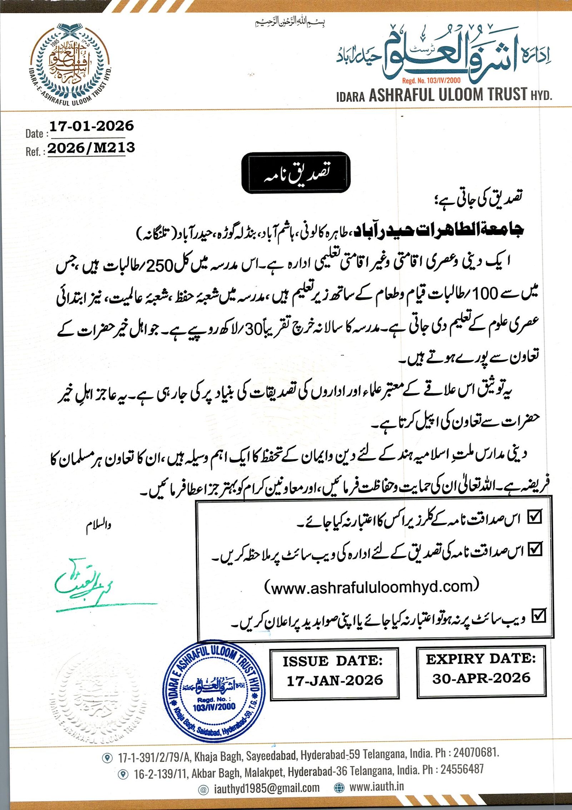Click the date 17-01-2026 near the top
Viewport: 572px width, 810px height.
(91, 126)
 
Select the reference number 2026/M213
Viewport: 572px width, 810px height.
(91, 148)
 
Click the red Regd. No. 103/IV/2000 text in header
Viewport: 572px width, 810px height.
(432, 81)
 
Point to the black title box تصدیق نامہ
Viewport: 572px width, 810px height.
(296, 173)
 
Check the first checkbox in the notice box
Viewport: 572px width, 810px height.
(535, 517)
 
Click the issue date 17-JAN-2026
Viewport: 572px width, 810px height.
(335, 680)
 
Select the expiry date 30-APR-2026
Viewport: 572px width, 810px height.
(481, 678)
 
